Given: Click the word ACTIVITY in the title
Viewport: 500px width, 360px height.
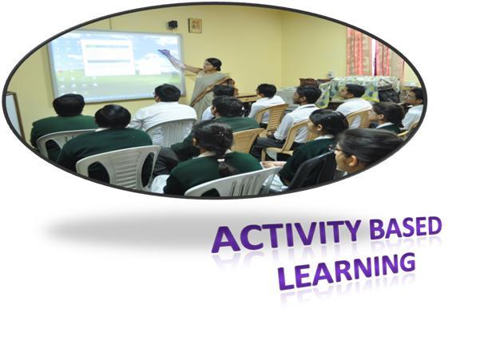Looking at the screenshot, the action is coord(286,235).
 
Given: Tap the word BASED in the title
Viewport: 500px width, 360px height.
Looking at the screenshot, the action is coord(406,227).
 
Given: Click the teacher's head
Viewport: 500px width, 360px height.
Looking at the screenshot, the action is coord(213,65).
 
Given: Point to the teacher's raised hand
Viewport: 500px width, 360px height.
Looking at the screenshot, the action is coord(165,53).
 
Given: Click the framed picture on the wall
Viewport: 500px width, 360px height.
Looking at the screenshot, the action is coord(195,26).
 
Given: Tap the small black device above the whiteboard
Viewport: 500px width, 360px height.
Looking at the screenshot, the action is coord(173,24).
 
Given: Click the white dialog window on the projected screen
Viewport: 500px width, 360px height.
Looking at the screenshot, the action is coord(108,57).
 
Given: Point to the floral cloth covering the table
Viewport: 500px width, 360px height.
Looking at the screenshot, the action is coord(357,87).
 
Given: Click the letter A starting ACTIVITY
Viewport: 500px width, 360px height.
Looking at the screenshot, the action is coord(226,240).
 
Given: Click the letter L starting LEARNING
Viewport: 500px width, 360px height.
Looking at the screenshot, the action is coord(286,279).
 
